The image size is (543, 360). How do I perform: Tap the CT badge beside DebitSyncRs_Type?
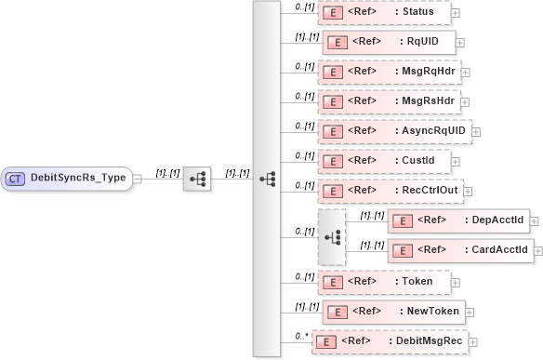[16, 178]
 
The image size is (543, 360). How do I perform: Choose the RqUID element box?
[389, 42]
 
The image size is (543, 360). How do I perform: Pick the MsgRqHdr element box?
[389, 72]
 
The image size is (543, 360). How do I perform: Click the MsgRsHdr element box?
[389, 101]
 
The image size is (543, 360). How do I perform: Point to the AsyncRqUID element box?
[394, 131]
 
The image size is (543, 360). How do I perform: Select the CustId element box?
[384, 161]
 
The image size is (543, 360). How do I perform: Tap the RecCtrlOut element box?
[390, 191]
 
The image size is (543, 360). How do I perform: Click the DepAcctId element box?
[458, 220]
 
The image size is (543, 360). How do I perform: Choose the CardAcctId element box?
[458, 250]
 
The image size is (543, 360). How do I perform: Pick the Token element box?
[384, 280]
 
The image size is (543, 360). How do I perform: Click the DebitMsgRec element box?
[391, 340]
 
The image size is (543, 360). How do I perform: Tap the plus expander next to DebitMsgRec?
[476, 341]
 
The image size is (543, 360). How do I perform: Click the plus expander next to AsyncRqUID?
[477, 132]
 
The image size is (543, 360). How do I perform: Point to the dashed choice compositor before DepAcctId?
[331, 235]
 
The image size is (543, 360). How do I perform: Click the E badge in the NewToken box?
[338, 311]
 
